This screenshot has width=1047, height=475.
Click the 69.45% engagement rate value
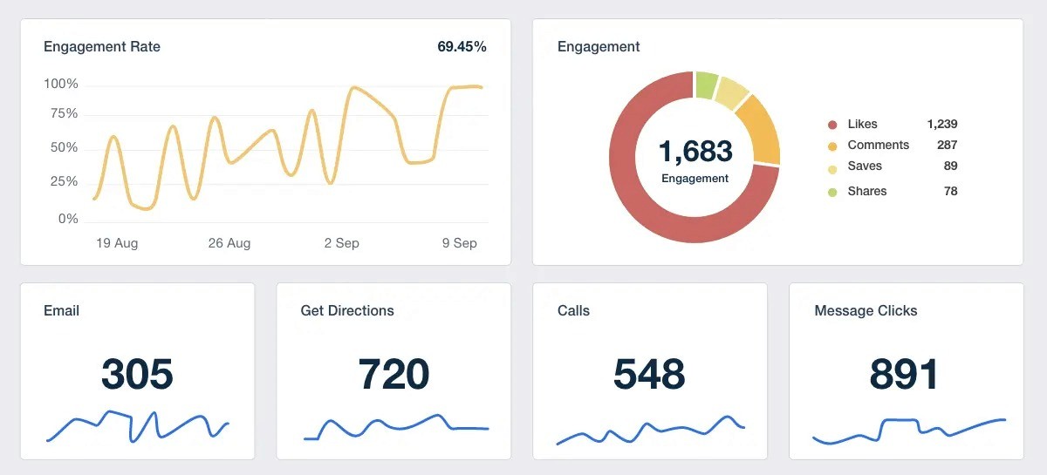coord(462,47)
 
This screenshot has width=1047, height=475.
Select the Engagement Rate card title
coord(102,47)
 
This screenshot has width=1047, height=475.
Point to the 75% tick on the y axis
coord(64,113)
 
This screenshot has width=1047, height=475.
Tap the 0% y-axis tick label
coord(68,219)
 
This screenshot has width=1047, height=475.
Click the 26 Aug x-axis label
coord(229,243)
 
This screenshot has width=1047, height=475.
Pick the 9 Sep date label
coord(460,243)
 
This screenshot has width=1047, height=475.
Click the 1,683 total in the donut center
coord(695,152)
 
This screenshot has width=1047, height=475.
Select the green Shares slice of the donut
coord(706,85)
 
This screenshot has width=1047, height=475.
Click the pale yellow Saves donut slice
coord(731,93)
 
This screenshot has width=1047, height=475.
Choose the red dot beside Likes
coord(832,125)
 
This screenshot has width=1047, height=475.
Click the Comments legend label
coord(879,145)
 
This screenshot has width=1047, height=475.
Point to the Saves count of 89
coord(950,166)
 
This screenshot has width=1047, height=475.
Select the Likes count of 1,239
coord(941,124)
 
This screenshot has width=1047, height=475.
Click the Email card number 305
coord(137,374)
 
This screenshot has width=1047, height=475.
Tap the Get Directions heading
coord(347,310)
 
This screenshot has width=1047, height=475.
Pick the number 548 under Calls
coord(649,374)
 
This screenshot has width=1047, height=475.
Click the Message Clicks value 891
coord(904,374)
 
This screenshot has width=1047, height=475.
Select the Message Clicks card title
coord(866,310)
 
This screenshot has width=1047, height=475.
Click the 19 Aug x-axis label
coord(117,243)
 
